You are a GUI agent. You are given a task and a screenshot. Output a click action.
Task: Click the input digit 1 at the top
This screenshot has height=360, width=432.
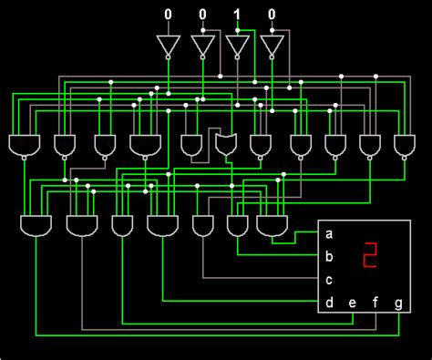237,15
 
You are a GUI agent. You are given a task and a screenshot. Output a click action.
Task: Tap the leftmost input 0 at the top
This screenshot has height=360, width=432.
167,15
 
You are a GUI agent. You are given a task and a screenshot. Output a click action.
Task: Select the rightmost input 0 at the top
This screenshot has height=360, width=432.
272,15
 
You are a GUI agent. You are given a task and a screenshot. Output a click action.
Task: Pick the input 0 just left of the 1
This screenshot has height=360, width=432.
202,15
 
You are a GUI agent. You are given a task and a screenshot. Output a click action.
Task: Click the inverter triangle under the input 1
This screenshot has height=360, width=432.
237,46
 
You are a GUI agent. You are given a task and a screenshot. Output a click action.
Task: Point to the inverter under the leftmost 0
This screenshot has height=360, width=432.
167,46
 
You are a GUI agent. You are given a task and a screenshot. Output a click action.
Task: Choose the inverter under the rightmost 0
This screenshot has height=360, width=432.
272,46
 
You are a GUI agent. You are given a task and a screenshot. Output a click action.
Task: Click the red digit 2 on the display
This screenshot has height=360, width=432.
370,256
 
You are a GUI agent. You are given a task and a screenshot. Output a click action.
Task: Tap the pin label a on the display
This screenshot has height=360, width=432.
328,234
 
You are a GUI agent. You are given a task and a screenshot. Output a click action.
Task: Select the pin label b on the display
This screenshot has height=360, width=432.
328,257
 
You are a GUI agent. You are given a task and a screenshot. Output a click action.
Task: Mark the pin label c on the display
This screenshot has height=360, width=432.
328,280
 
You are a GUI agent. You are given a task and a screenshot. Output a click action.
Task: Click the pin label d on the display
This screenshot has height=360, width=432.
328,303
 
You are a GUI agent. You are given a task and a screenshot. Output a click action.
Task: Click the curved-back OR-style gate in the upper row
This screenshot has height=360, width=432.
225,144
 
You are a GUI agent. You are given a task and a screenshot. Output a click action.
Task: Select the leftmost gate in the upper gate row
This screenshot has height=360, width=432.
22,144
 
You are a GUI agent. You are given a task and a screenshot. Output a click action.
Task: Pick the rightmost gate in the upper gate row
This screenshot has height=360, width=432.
405,144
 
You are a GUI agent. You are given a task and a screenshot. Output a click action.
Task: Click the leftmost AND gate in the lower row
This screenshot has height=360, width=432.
35,225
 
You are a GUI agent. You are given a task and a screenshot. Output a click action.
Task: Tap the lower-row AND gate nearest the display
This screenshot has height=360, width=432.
271,224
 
